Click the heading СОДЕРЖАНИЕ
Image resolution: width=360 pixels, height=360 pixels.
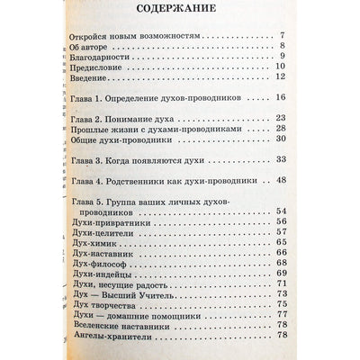point(188,13)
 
